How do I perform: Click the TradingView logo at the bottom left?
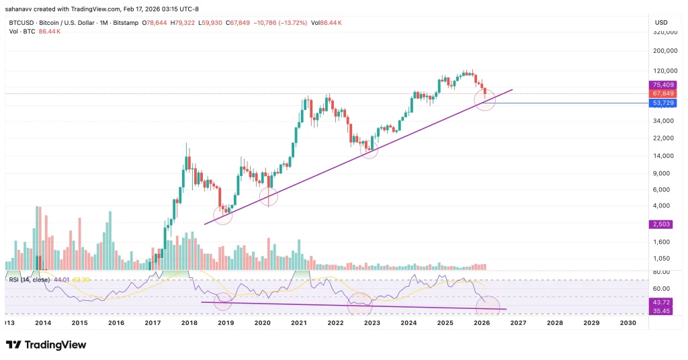pos(46,345)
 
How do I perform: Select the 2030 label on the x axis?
pos(628,323)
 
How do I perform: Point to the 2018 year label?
pos(189,323)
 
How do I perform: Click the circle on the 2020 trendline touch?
pos(269,197)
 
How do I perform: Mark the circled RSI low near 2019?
pos(223,302)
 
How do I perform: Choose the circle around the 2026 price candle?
pos(485,100)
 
